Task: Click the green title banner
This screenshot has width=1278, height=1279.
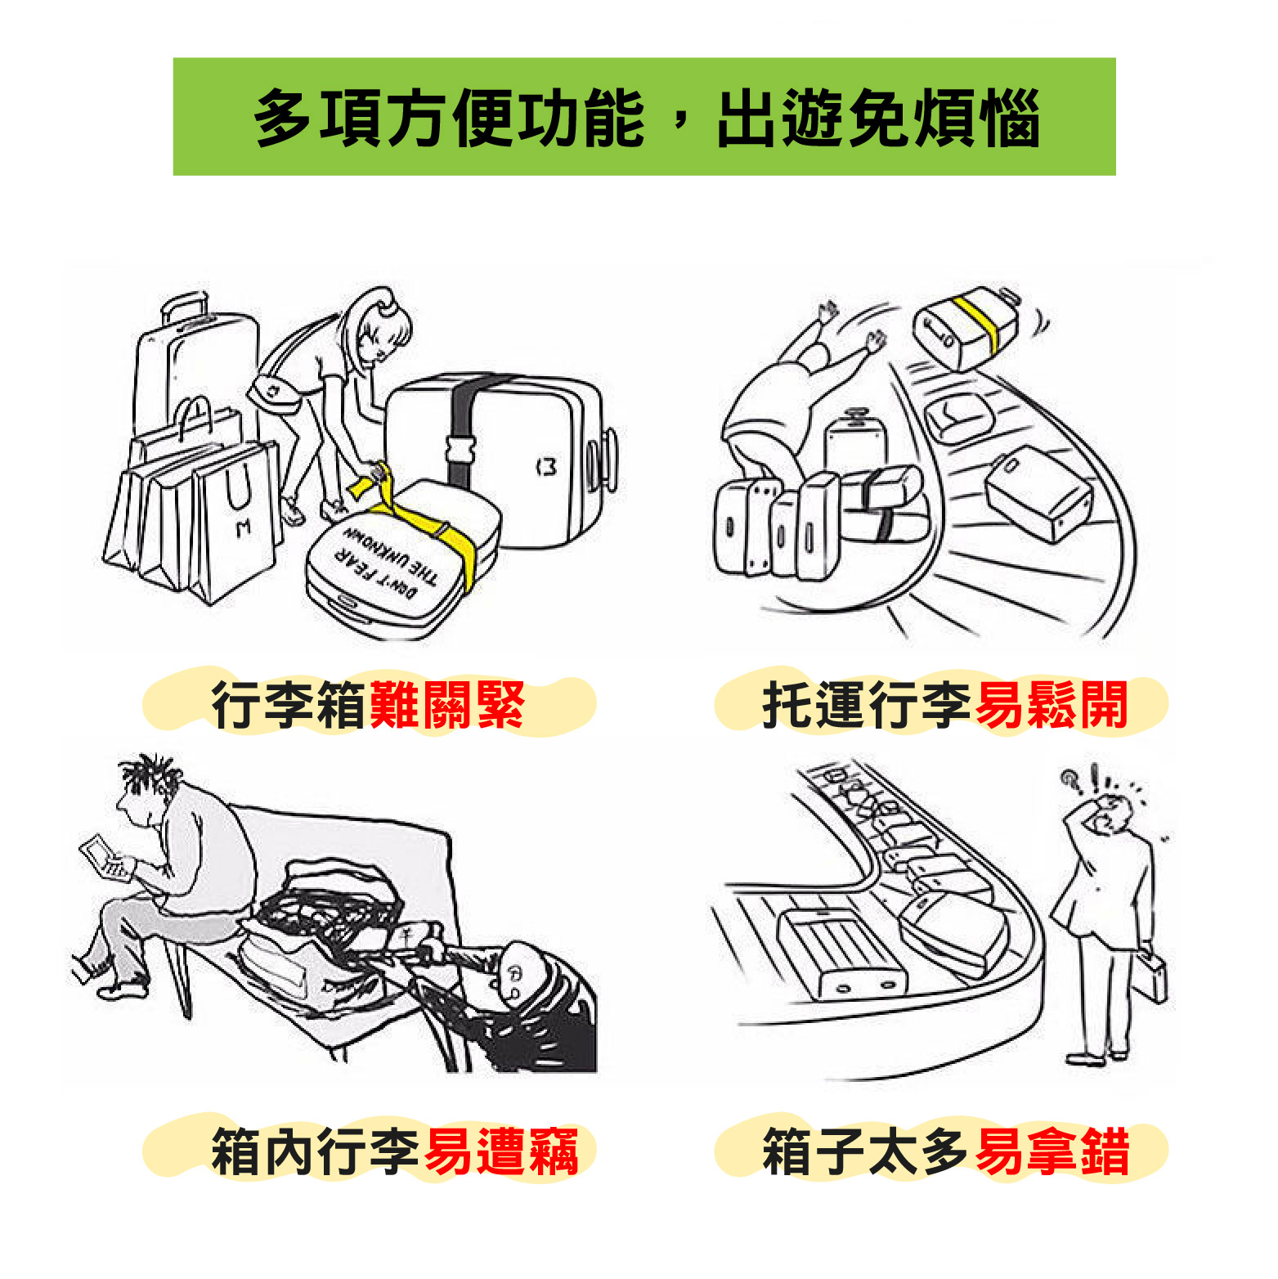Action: (x=644, y=116)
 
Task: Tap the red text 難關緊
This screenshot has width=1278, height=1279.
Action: (x=447, y=704)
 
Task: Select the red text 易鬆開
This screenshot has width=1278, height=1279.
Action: (x=1052, y=704)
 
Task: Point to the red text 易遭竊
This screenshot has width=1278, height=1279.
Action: (x=501, y=1151)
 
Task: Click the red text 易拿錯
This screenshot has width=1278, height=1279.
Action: (x=1052, y=1151)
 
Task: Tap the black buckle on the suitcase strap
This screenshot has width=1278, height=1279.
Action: (x=461, y=449)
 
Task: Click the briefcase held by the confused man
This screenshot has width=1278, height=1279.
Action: (x=1148, y=976)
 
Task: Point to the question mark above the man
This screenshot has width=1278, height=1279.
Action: (x=1069, y=781)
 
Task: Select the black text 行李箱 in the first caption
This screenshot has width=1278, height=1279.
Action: (x=289, y=704)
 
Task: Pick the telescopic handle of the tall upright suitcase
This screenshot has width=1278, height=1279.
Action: (x=184, y=307)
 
